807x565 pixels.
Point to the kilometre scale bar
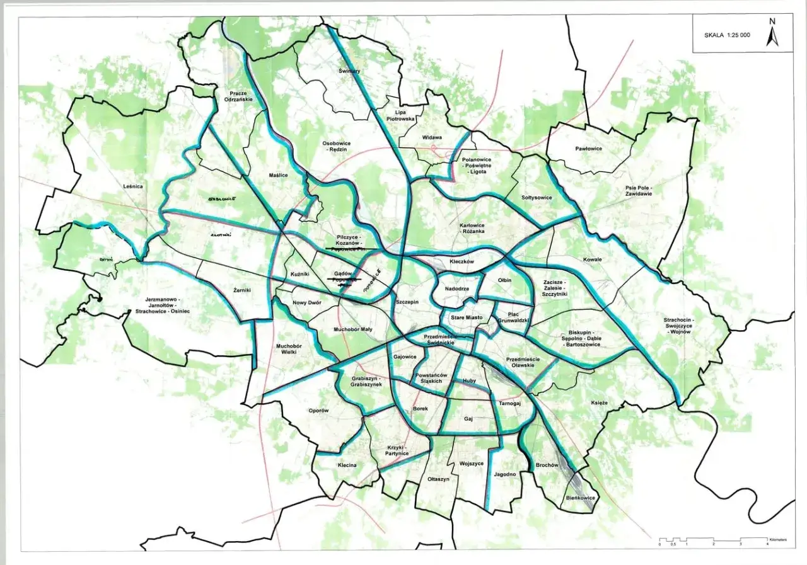tap(714, 540)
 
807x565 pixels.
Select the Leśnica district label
tap(133, 186)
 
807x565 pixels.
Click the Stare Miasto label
tap(467, 318)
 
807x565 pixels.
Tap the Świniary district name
tap(349, 71)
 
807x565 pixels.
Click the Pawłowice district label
tap(588, 149)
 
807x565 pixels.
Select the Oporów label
tap(319, 410)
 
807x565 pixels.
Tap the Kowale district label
tap(593, 260)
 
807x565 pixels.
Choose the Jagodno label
tap(505, 474)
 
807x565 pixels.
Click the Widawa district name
tap(432, 137)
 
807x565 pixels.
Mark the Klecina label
tap(347, 465)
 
